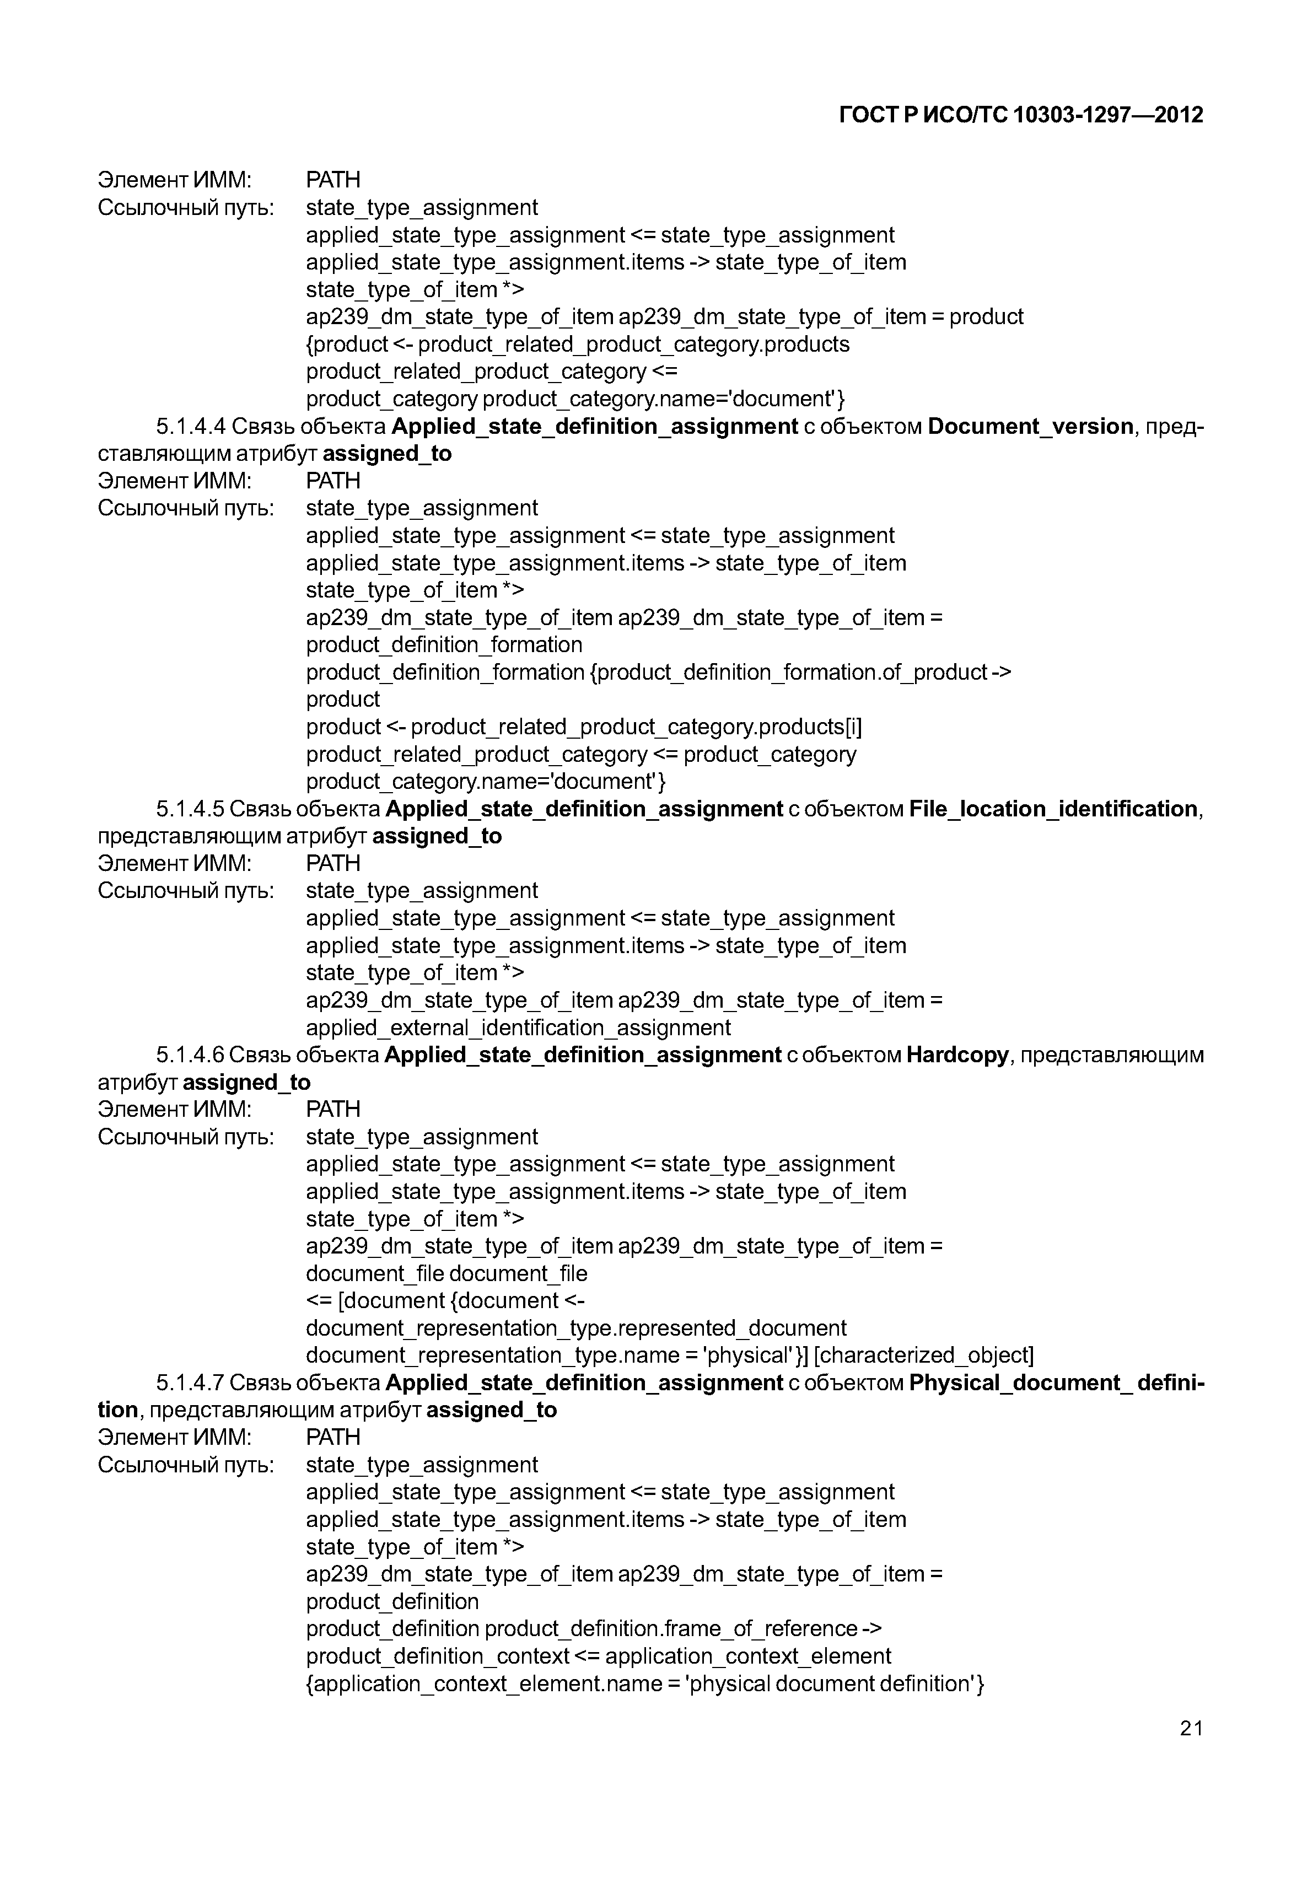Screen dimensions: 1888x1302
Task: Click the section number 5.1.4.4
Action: point(191,427)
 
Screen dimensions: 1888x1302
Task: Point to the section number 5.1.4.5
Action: point(190,809)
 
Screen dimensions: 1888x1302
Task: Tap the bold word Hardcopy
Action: point(957,1055)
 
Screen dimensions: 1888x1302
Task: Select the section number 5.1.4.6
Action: point(190,1055)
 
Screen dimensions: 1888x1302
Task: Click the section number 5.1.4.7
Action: point(190,1383)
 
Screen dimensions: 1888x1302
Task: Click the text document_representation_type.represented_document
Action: point(576,1328)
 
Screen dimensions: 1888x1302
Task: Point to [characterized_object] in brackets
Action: point(923,1355)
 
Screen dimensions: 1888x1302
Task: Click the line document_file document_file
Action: point(446,1273)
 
